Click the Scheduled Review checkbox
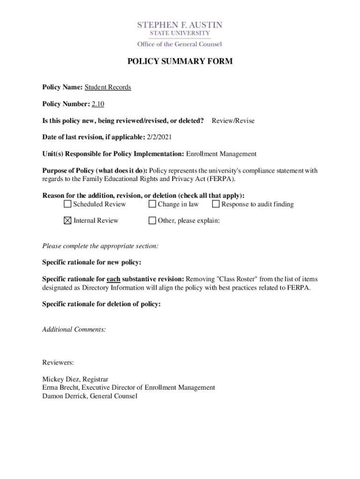coord(68,204)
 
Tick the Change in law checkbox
coord(152,204)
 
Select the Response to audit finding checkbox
coord(216,204)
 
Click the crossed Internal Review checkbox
coord(68,220)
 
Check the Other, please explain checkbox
coord(152,220)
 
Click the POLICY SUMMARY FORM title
coord(180,61)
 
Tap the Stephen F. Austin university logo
coord(180,34)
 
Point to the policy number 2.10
coord(98,104)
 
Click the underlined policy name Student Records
coord(108,87)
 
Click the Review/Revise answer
coord(233,121)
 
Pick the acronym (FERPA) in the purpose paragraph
coord(222,179)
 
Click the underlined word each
coord(114,279)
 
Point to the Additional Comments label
coord(74,329)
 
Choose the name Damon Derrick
coord(64,396)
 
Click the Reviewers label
coord(58,363)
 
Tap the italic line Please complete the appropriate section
coord(100,246)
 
